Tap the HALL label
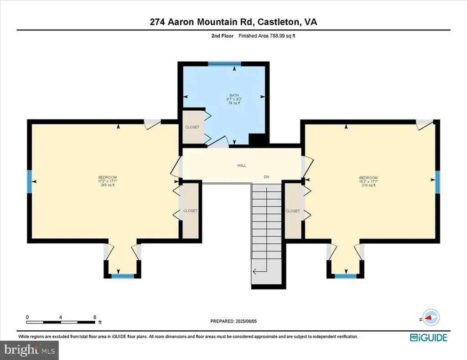click(x=241, y=165)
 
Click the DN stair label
click(x=267, y=177)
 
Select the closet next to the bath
click(x=192, y=127)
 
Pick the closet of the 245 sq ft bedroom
click(x=190, y=211)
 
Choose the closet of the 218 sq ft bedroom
click(x=292, y=211)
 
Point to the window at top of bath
click(x=224, y=64)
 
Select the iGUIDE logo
click(x=428, y=338)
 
